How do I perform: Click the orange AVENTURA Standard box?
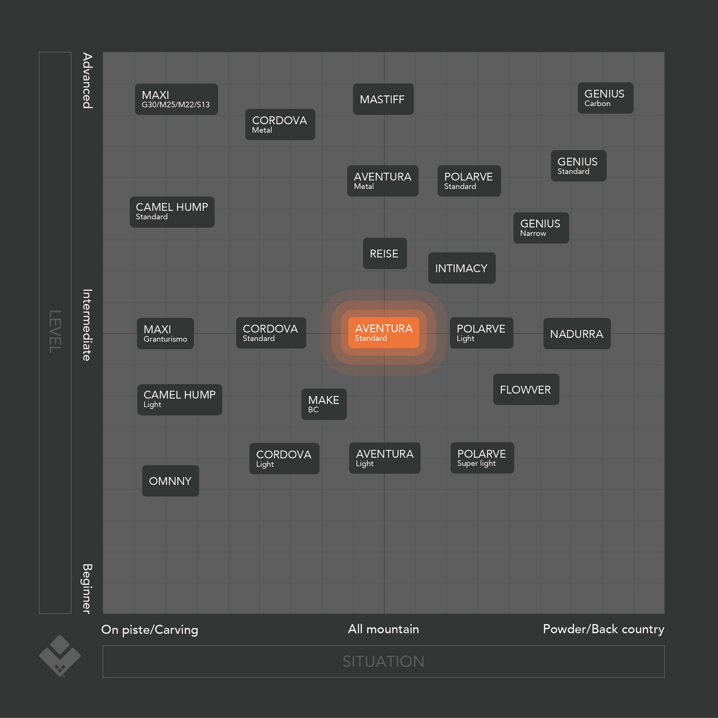click(384, 333)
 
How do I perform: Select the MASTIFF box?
click(383, 99)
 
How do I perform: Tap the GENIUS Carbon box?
click(605, 98)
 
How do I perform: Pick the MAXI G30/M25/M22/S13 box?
click(176, 99)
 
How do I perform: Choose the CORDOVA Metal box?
click(280, 124)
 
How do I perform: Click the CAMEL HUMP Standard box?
click(172, 212)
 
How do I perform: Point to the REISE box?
click(385, 253)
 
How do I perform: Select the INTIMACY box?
click(462, 268)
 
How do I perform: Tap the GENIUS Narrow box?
click(541, 228)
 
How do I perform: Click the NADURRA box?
click(576, 334)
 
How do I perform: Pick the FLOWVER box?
click(526, 390)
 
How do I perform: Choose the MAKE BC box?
click(324, 404)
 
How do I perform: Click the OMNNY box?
click(170, 481)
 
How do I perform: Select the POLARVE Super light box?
click(482, 458)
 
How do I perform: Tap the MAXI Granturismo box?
click(165, 333)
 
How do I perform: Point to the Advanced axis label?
click(87, 80)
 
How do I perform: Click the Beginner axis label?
click(87, 589)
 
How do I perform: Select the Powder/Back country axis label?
click(603, 629)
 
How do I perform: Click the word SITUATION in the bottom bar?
click(383, 661)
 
